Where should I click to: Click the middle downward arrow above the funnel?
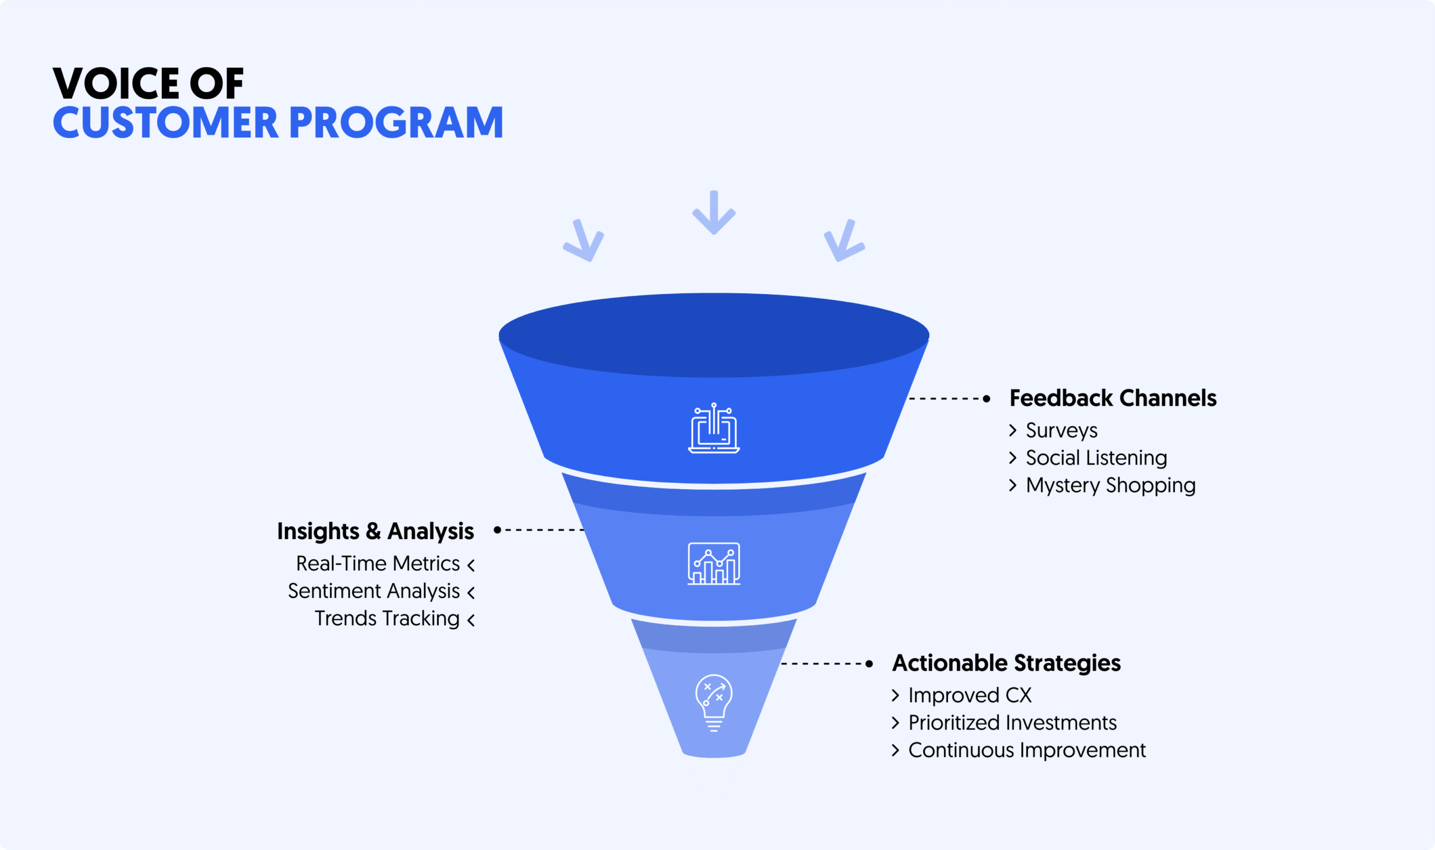click(x=714, y=213)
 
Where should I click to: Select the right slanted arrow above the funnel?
click(x=844, y=241)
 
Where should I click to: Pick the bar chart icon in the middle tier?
click(x=714, y=564)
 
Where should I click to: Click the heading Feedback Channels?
click(x=1113, y=398)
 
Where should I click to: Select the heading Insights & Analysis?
click(x=375, y=531)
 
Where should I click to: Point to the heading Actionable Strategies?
click(x=1007, y=663)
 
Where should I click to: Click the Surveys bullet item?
click(x=1062, y=430)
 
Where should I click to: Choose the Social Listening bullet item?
click(x=1096, y=458)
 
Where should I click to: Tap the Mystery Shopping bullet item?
click(x=1110, y=485)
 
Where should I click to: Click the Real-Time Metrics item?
click(x=378, y=564)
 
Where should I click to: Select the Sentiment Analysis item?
click(x=374, y=591)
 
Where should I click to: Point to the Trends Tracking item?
click(x=387, y=619)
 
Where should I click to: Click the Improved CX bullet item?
click(x=970, y=695)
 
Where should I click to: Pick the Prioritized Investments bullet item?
click(x=1012, y=723)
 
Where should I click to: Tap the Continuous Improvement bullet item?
click(x=1026, y=750)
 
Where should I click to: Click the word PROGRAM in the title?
click(x=396, y=123)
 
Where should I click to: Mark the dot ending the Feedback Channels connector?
click(x=987, y=398)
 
